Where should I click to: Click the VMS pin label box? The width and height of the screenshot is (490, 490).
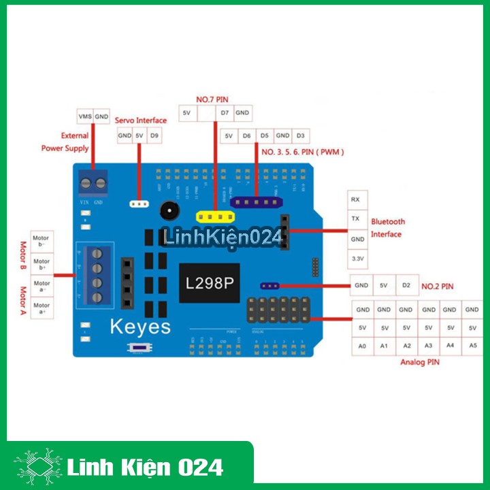[84, 116]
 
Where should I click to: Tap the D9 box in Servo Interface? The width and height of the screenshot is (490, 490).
[155, 136]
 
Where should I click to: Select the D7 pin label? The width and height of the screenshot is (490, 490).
[225, 112]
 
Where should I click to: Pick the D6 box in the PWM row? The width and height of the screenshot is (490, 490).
[246, 136]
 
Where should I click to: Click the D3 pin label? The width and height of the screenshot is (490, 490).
[301, 136]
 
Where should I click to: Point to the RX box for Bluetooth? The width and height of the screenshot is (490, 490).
[355, 199]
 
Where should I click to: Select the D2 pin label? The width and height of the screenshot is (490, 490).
[406, 286]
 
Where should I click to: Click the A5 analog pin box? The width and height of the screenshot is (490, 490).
[473, 346]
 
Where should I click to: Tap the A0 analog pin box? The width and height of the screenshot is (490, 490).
[362, 346]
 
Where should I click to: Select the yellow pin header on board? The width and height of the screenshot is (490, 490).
[214, 216]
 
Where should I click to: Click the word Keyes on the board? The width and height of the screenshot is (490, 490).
[140, 327]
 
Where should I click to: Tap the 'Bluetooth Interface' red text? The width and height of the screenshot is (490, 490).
[387, 228]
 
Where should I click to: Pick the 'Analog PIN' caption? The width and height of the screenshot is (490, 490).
[419, 363]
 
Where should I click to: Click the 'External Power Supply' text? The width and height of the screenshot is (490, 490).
[66, 142]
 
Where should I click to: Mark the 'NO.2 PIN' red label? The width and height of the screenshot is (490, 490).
[437, 287]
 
